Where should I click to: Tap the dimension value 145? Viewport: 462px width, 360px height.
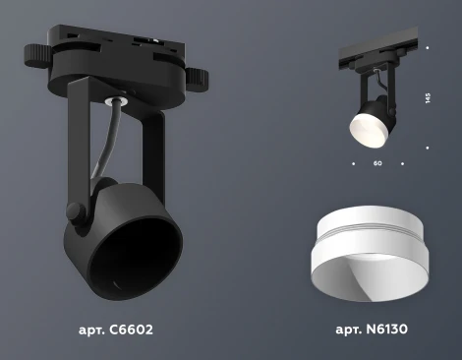(428, 98)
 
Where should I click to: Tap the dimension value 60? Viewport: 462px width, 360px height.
(377, 163)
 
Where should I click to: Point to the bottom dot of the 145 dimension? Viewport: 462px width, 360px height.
(428, 149)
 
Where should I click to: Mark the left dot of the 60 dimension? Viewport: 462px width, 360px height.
(352, 163)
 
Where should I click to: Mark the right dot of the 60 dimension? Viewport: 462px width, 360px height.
(402, 163)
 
